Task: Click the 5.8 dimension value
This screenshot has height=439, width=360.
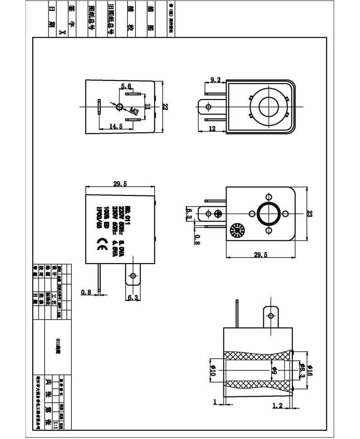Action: [126, 86]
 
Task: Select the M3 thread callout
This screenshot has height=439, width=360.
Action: [134, 110]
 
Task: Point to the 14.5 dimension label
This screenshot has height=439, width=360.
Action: [116, 127]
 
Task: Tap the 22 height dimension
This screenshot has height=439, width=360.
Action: [165, 107]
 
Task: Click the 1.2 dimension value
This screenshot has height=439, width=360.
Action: [277, 405]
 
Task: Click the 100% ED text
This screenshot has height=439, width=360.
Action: [106, 216]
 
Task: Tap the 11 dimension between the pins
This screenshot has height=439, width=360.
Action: [147, 107]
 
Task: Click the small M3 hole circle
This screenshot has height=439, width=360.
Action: [119, 107]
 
